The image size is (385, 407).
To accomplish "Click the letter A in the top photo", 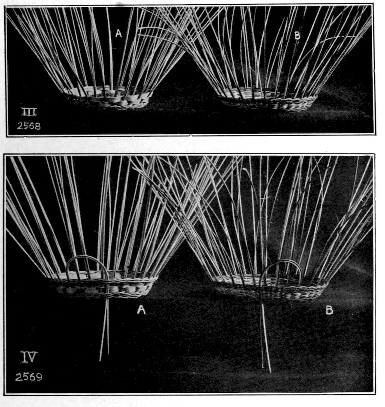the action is [118, 33].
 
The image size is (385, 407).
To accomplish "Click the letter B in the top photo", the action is [297, 35].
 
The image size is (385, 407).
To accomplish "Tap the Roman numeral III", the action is [29, 112].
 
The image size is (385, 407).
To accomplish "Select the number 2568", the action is [29, 126].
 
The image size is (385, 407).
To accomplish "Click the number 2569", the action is [28, 377].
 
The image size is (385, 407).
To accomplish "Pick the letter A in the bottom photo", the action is [141, 309].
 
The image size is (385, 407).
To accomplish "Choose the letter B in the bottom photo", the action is [329, 310].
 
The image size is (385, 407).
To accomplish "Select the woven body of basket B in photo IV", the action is [270, 288].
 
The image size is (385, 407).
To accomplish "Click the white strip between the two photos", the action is [192, 145].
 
